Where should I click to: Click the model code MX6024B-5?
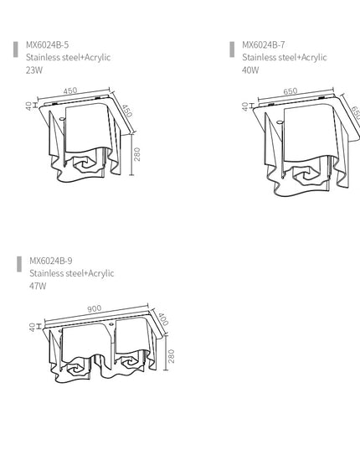[48, 44]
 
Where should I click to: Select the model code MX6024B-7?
[263, 44]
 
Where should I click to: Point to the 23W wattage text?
[34, 70]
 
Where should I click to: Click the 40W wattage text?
[250, 70]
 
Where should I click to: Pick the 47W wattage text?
[38, 286]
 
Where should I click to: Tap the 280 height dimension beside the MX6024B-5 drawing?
[137, 154]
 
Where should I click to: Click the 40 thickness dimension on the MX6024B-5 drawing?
[29, 106]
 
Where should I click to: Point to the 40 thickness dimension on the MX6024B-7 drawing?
[245, 106]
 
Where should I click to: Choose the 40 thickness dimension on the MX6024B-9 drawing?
[31, 327]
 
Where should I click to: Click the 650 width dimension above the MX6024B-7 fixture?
[291, 91]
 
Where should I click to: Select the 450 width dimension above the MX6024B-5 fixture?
[70, 91]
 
